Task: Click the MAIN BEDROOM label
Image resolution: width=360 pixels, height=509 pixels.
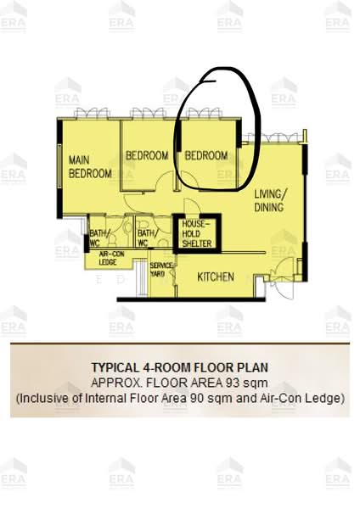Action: point(89,166)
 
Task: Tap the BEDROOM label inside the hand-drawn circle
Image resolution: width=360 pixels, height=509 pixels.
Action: point(206,156)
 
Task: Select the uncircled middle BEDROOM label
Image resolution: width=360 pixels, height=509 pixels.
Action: point(147,156)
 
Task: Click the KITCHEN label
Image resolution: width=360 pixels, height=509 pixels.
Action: point(217,277)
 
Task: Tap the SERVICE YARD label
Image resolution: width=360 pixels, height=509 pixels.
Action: point(161,270)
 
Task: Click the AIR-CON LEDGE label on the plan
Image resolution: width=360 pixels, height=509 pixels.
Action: point(109,258)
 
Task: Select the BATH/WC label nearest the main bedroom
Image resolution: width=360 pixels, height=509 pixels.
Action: point(99,238)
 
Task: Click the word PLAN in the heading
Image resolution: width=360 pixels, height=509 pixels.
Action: point(253,368)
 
